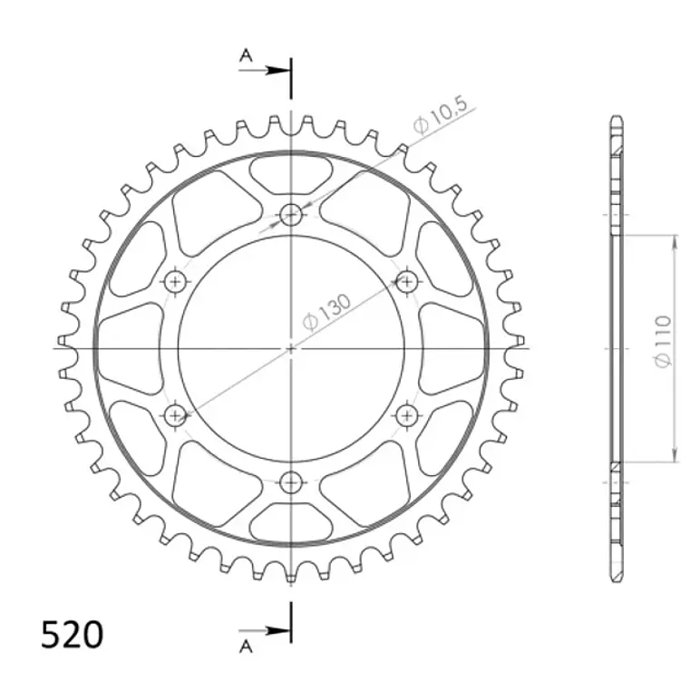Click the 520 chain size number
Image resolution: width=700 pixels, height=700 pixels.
(72, 635)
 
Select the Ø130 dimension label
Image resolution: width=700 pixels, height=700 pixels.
(327, 312)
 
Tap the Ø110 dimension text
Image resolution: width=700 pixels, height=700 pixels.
(663, 342)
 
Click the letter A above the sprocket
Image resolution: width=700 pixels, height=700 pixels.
(246, 55)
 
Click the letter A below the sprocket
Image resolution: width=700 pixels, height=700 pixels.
(246, 646)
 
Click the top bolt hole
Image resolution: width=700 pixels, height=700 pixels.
(291, 215)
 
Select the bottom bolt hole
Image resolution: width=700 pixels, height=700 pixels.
(291, 482)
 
